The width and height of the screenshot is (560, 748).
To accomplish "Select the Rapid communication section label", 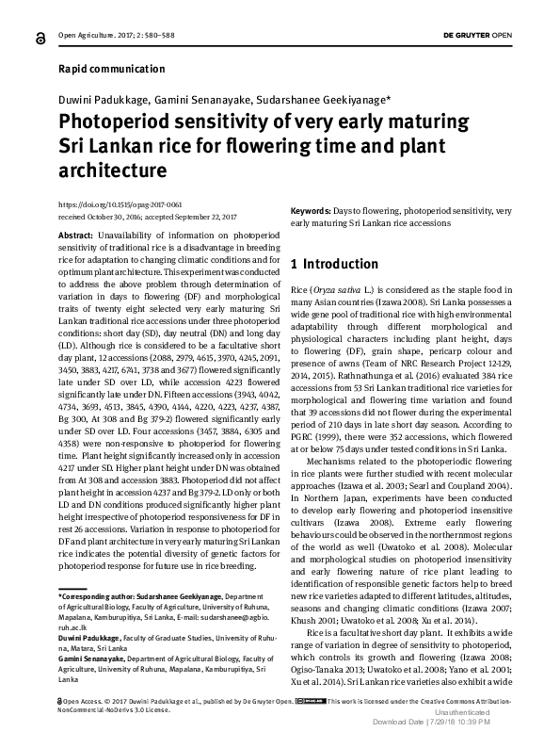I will click(111, 69).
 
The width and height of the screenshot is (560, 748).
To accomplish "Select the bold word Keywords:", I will click(310, 212).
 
